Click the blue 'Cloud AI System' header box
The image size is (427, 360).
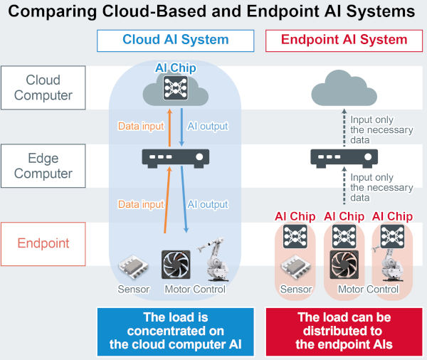click(x=175, y=41)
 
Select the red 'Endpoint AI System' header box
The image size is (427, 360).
click(x=344, y=41)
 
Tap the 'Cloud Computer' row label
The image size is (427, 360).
click(x=43, y=88)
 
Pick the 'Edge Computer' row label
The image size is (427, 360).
click(x=43, y=166)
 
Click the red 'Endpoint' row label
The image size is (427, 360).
click(x=43, y=244)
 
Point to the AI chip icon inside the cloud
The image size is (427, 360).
click(x=175, y=88)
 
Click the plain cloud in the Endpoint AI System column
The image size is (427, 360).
click(x=344, y=88)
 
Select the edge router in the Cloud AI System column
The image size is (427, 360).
click(x=175, y=159)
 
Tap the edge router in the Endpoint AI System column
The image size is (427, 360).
click(x=344, y=159)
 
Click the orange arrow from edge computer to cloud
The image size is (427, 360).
click(x=169, y=128)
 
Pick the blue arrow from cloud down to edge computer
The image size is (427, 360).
click(x=181, y=127)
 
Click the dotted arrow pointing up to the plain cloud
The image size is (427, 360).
click(x=344, y=128)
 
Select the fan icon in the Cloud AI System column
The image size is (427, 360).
click(x=176, y=265)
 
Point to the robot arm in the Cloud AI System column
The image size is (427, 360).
click(x=213, y=260)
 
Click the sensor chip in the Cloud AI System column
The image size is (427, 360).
click(x=134, y=267)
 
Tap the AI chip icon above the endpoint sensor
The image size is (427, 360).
click(x=295, y=236)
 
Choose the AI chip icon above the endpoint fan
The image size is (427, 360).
click(x=344, y=236)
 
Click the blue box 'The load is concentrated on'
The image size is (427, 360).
click(x=175, y=332)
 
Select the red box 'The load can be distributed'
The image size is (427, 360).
click(x=344, y=332)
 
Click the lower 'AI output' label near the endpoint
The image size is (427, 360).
click(x=208, y=204)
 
